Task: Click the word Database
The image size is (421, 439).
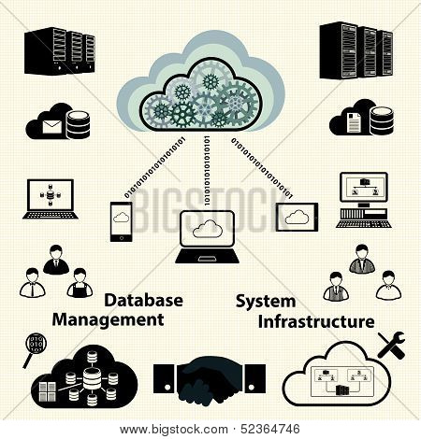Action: click(x=143, y=301)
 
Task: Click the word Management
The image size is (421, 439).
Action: click(x=109, y=320)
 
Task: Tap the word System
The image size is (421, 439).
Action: click(x=266, y=302)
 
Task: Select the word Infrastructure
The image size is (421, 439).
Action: click(x=316, y=321)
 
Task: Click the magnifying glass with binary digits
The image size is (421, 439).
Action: click(x=35, y=349)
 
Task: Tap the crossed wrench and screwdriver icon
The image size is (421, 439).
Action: click(x=391, y=345)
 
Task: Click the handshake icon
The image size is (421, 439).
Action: click(x=210, y=380)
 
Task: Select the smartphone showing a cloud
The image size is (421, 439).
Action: click(x=121, y=221)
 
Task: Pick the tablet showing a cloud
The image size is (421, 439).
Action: click(x=298, y=217)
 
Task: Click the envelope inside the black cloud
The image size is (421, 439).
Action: click(x=51, y=127)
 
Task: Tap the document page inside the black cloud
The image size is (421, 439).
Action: click(x=354, y=122)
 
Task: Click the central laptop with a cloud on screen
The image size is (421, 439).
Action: click(x=208, y=237)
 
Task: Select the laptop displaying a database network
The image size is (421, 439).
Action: click(x=51, y=199)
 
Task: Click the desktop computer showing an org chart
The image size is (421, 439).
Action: click(x=364, y=200)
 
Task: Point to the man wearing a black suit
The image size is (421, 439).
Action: click(x=56, y=260)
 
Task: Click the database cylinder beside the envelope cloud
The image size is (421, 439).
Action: click(x=78, y=124)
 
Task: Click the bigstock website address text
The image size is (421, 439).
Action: click(x=174, y=430)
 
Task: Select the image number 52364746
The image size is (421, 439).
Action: click(x=270, y=430)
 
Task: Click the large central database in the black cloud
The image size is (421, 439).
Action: click(x=92, y=378)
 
